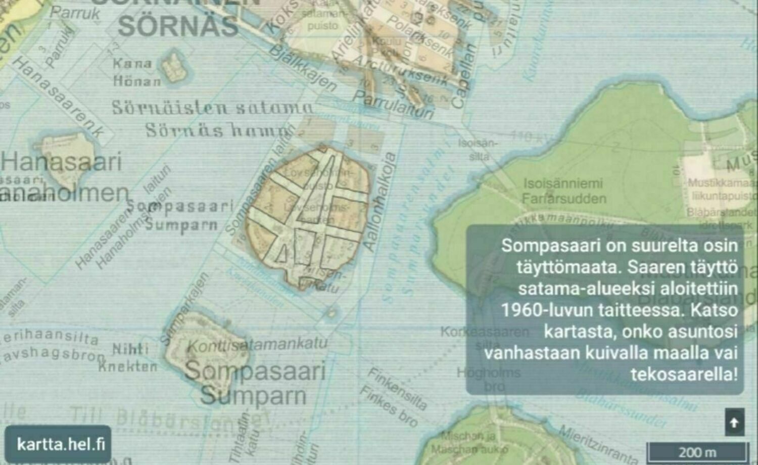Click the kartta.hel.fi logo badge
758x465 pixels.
coord(58,444)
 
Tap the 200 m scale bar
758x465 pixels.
coord(697,451)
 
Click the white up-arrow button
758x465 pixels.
coord(734,422)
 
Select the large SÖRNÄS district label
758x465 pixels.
coord(178,26)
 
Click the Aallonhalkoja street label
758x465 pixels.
coord(380,202)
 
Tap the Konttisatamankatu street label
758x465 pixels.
coord(257,345)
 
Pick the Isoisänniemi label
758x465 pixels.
coord(563,183)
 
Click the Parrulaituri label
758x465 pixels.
coord(393,104)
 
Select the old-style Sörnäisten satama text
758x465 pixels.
coord(212,108)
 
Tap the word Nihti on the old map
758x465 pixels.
coord(130,349)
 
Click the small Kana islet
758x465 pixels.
coord(174,67)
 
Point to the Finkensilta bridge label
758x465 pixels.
coord(397,389)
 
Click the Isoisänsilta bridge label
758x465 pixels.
coord(478,150)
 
